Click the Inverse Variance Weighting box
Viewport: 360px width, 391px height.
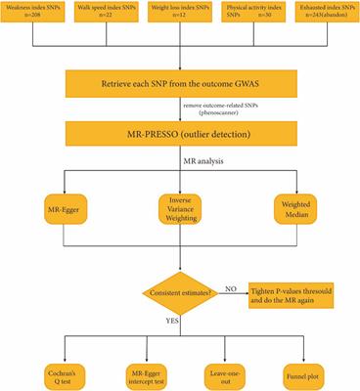coord(180,209)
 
